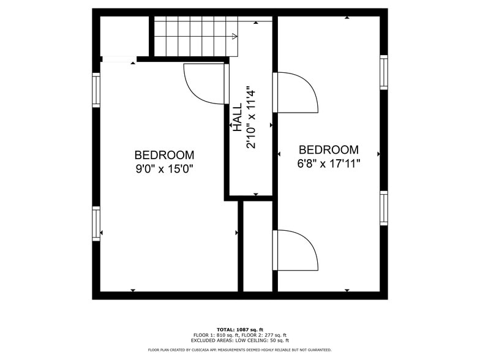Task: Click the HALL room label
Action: pyautogui.click(x=237, y=118)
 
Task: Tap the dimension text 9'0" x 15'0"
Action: pyautogui.click(x=164, y=169)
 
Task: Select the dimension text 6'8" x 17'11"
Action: pyautogui.click(x=328, y=163)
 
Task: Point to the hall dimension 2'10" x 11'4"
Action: pyautogui.click(x=251, y=118)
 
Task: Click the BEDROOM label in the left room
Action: pyautogui.click(x=164, y=156)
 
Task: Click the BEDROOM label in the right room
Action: pyautogui.click(x=328, y=150)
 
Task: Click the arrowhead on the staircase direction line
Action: pyautogui.click(x=234, y=37)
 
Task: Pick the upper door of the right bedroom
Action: pyautogui.click(x=298, y=92)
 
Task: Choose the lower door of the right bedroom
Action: pyautogui.click(x=298, y=250)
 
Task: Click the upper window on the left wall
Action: pyautogui.click(x=96, y=90)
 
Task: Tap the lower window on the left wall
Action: pyautogui.click(x=96, y=223)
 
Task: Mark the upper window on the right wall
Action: pyautogui.click(x=384, y=72)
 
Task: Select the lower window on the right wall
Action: pyautogui.click(x=384, y=208)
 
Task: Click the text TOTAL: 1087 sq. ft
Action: pyautogui.click(x=240, y=329)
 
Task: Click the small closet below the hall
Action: pyautogui.click(x=258, y=245)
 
